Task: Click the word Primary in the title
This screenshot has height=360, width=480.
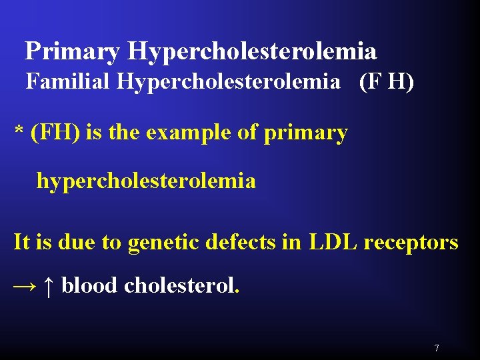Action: (72, 51)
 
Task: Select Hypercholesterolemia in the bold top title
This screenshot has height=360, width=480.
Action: (252, 51)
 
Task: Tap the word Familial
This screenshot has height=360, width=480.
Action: (69, 82)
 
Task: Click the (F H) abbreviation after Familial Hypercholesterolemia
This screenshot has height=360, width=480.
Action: (386, 82)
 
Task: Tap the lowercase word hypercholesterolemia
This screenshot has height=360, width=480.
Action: (146, 181)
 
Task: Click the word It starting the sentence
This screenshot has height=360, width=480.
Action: (21, 242)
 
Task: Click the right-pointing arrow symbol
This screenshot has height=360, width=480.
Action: (25, 286)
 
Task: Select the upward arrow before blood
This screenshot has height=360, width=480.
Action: (48, 286)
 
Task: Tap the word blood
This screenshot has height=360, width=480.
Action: (90, 286)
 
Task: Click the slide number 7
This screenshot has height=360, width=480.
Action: (436, 348)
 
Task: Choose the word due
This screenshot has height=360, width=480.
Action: (78, 242)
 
